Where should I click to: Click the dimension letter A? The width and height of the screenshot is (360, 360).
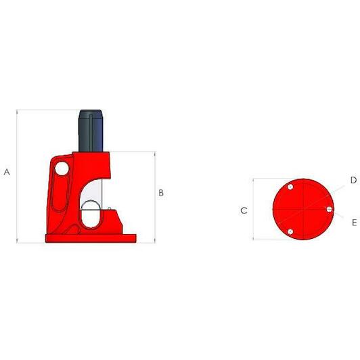[x=7, y=172]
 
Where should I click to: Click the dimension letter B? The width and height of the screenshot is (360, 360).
[x=161, y=193]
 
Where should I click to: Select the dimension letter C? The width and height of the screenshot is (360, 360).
[x=244, y=210]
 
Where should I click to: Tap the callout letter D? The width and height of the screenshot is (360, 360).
[x=353, y=180]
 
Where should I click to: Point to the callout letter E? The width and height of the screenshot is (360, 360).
[x=355, y=223]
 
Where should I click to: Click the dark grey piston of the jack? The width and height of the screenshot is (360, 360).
[x=91, y=131]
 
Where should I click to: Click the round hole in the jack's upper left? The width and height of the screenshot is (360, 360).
[x=62, y=168]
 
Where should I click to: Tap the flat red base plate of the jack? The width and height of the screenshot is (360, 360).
[x=91, y=239]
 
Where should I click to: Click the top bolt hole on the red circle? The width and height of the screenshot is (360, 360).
[x=290, y=187]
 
